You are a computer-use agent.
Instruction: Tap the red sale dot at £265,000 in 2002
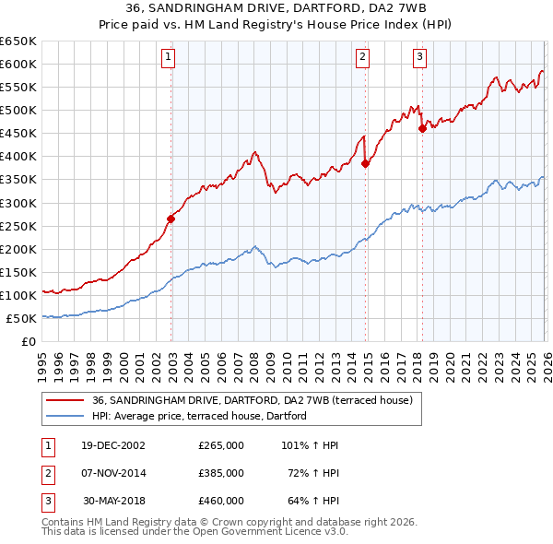coord(171,219)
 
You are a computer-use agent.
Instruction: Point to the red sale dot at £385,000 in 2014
coord(365,163)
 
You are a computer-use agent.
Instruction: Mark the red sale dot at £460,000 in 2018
coord(422,128)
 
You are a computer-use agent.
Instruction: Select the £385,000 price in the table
coord(221,473)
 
